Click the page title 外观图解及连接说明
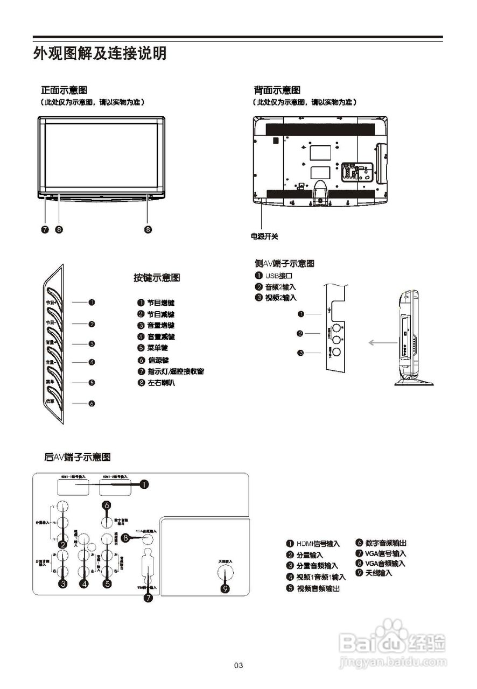tap(100, 54)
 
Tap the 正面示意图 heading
tap(64, 89)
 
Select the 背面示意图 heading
tap(277, 89)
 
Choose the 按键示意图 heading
tap(157, 278)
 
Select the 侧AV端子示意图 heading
tap(284, 263)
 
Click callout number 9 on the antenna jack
tap(226, 588)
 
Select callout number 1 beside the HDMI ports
tap(144, 484)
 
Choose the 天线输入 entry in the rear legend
tap(378, 573)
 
